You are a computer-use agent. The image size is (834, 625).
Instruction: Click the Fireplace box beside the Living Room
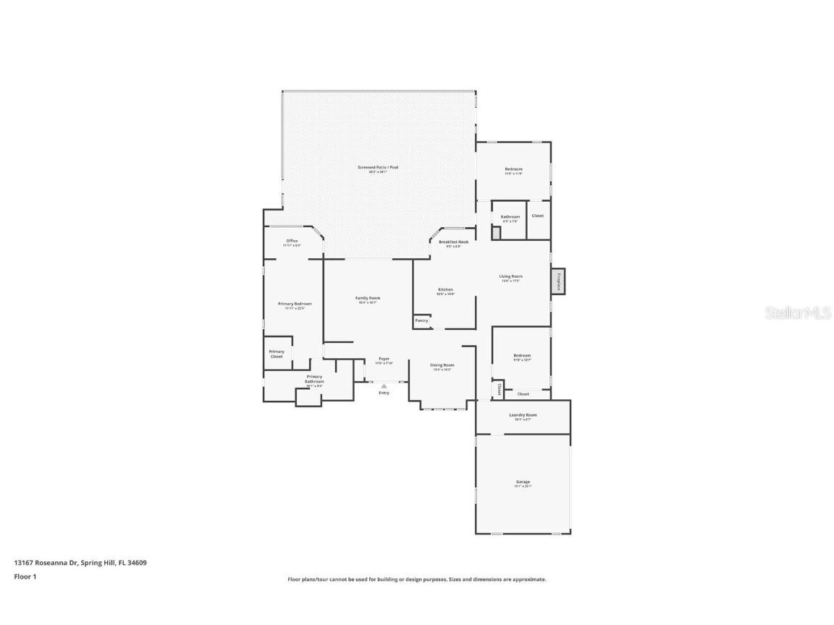pos(558,281)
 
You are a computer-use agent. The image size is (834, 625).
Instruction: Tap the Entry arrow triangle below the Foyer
pos(384,386)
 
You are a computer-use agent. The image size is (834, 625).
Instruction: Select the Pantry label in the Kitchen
pos(421,320)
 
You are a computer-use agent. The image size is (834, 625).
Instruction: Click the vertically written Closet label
pos(499,389)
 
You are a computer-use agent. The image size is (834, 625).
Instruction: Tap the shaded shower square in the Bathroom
pos(496,232)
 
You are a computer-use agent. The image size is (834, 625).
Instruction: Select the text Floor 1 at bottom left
pos(25,577)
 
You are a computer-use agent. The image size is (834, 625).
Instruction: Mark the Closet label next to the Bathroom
pos(537,216)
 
